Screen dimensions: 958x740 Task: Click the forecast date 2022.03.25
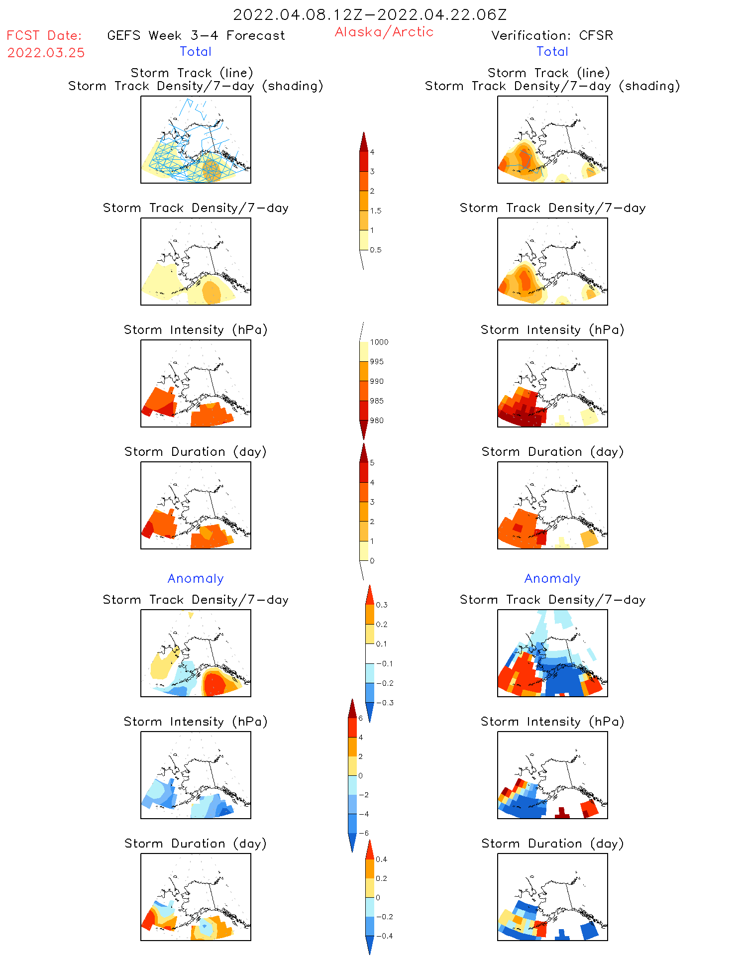point(46,53)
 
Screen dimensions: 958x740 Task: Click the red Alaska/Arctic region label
point(384,32)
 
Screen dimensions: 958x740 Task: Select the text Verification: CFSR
point(552,35)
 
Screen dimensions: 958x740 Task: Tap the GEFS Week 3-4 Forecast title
point(196,35)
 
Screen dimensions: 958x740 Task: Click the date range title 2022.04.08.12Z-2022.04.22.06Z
point(370,14)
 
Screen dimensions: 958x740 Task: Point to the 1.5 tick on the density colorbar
point(376,211)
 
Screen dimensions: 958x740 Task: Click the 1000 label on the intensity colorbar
point(379,342)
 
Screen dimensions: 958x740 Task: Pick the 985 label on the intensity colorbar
point(377,401)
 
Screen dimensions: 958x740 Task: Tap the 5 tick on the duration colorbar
point(372,462)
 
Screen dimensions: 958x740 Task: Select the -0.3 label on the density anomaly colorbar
point(385,703)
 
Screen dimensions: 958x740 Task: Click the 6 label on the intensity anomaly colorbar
point(361,718)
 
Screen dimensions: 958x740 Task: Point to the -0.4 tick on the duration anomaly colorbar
point(384,936)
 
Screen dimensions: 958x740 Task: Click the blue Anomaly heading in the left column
point(196,578)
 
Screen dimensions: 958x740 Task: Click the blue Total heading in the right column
point(552,51)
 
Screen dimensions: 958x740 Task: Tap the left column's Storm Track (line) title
point(192,73)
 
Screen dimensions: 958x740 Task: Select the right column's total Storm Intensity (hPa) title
point(552,329)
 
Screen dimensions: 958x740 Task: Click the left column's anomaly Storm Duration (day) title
point(195,843)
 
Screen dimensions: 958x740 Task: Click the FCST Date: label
point(44,35)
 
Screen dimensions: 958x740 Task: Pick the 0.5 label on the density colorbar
point(376,250)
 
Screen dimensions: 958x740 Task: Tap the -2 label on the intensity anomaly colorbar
point(364,795)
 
